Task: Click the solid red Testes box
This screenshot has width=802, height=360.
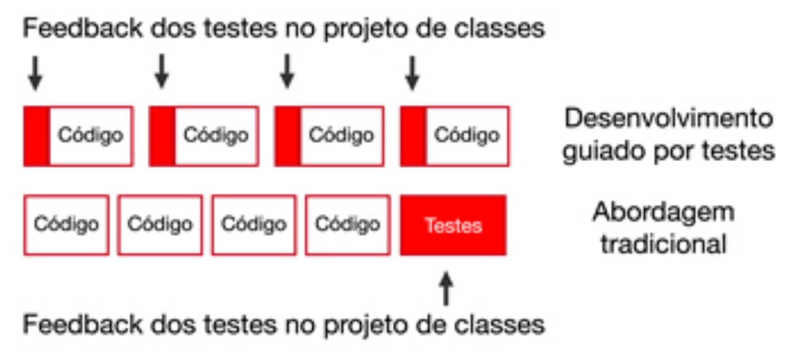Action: coord(453,225)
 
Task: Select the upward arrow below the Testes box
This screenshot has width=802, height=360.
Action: coord(446,289)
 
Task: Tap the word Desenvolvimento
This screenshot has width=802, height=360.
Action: coord(668,119)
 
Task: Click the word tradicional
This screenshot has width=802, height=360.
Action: coord(663,244)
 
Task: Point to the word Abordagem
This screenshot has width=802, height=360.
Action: coord(663,212)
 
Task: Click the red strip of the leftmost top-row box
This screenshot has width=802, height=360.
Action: coord(37,136)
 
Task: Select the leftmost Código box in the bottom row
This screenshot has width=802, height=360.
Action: coord(66,225)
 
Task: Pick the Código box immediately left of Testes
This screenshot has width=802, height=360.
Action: coord(348,225)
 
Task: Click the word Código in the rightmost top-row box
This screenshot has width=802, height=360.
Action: coord(467,136)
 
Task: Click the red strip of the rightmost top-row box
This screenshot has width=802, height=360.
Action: coord(413,136)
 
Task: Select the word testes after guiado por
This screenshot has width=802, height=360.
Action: coord(742,151)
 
